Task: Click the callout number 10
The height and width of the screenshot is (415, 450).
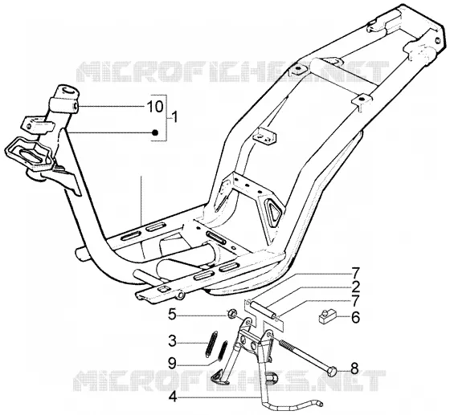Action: click(x=154, y=107)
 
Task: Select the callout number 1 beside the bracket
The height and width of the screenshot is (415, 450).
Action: click(x=173, y=117)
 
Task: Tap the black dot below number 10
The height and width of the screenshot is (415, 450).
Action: click(x=155, y=132)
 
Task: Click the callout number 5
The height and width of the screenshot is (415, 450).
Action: click(x=172, y=315)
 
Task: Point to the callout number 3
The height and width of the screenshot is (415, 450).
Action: click(x=172, y=342)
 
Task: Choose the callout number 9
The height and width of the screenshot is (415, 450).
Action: click(x=172, y=364)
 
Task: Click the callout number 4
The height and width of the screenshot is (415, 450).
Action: click(x=172, y=397)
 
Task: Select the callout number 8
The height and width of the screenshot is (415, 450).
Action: click(x=354, y=369)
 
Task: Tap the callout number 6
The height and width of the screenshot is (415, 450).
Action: click(x=355, y=318)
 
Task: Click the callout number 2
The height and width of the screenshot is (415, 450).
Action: click(x=355, y=286)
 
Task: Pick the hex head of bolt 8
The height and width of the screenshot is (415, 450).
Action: click(x=333, y=372)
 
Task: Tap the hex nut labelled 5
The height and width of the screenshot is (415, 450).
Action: click(x=231, y=315)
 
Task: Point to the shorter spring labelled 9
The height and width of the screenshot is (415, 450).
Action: click(x=223, y=351)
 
